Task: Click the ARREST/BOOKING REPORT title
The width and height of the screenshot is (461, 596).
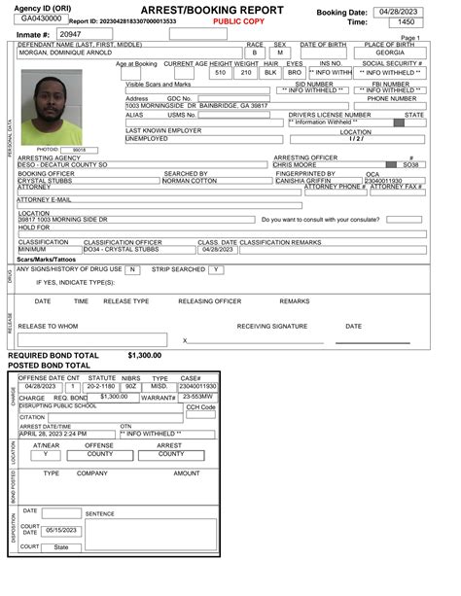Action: (x=212, y=9)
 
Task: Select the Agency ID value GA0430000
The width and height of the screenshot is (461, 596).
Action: (x=40, y=18)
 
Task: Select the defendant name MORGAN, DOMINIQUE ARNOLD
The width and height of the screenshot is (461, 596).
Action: (x=69, y=53)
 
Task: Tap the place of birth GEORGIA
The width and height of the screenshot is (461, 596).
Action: (x=390, y=53)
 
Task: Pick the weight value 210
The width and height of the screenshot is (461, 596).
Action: (x=246, y=73)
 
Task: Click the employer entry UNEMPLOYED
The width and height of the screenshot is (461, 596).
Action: (x=147, y=139)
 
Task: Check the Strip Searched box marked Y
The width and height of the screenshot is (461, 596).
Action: (x=216, y=269)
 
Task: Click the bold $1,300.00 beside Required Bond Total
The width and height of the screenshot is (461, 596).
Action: (x=144, y=356)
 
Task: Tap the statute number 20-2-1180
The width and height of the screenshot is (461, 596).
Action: (x=102, y=386)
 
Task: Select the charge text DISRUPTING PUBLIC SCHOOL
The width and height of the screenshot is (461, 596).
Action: (x=57, y=405)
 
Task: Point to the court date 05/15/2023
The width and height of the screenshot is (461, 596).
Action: (x=60, y=530)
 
